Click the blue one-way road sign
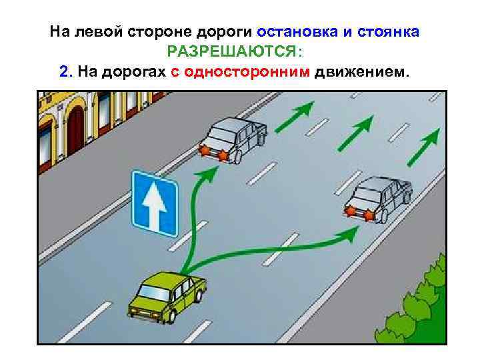point(154,203)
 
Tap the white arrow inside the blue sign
point(154,203)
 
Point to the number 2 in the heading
point(63,71)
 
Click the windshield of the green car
point(154,291)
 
